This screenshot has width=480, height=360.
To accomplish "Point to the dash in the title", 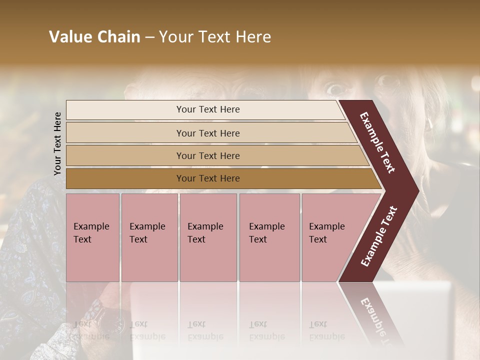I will [149, 37].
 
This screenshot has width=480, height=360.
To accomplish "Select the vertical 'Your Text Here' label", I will [57, 143].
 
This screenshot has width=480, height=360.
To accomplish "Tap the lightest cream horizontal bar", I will [205, 109].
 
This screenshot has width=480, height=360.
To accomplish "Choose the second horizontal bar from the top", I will [210, 133].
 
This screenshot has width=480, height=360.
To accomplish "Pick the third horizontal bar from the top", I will [215, 155].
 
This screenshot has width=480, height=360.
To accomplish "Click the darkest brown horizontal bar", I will [220, 178].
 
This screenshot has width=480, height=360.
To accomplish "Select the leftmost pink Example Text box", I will [92, 237].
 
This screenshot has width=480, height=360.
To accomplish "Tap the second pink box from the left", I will [149, 237].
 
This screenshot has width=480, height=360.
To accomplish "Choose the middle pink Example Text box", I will [208, 237].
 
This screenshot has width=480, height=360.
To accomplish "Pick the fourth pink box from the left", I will [269, 237].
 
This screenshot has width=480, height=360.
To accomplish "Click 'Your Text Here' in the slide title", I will [215, 37].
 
